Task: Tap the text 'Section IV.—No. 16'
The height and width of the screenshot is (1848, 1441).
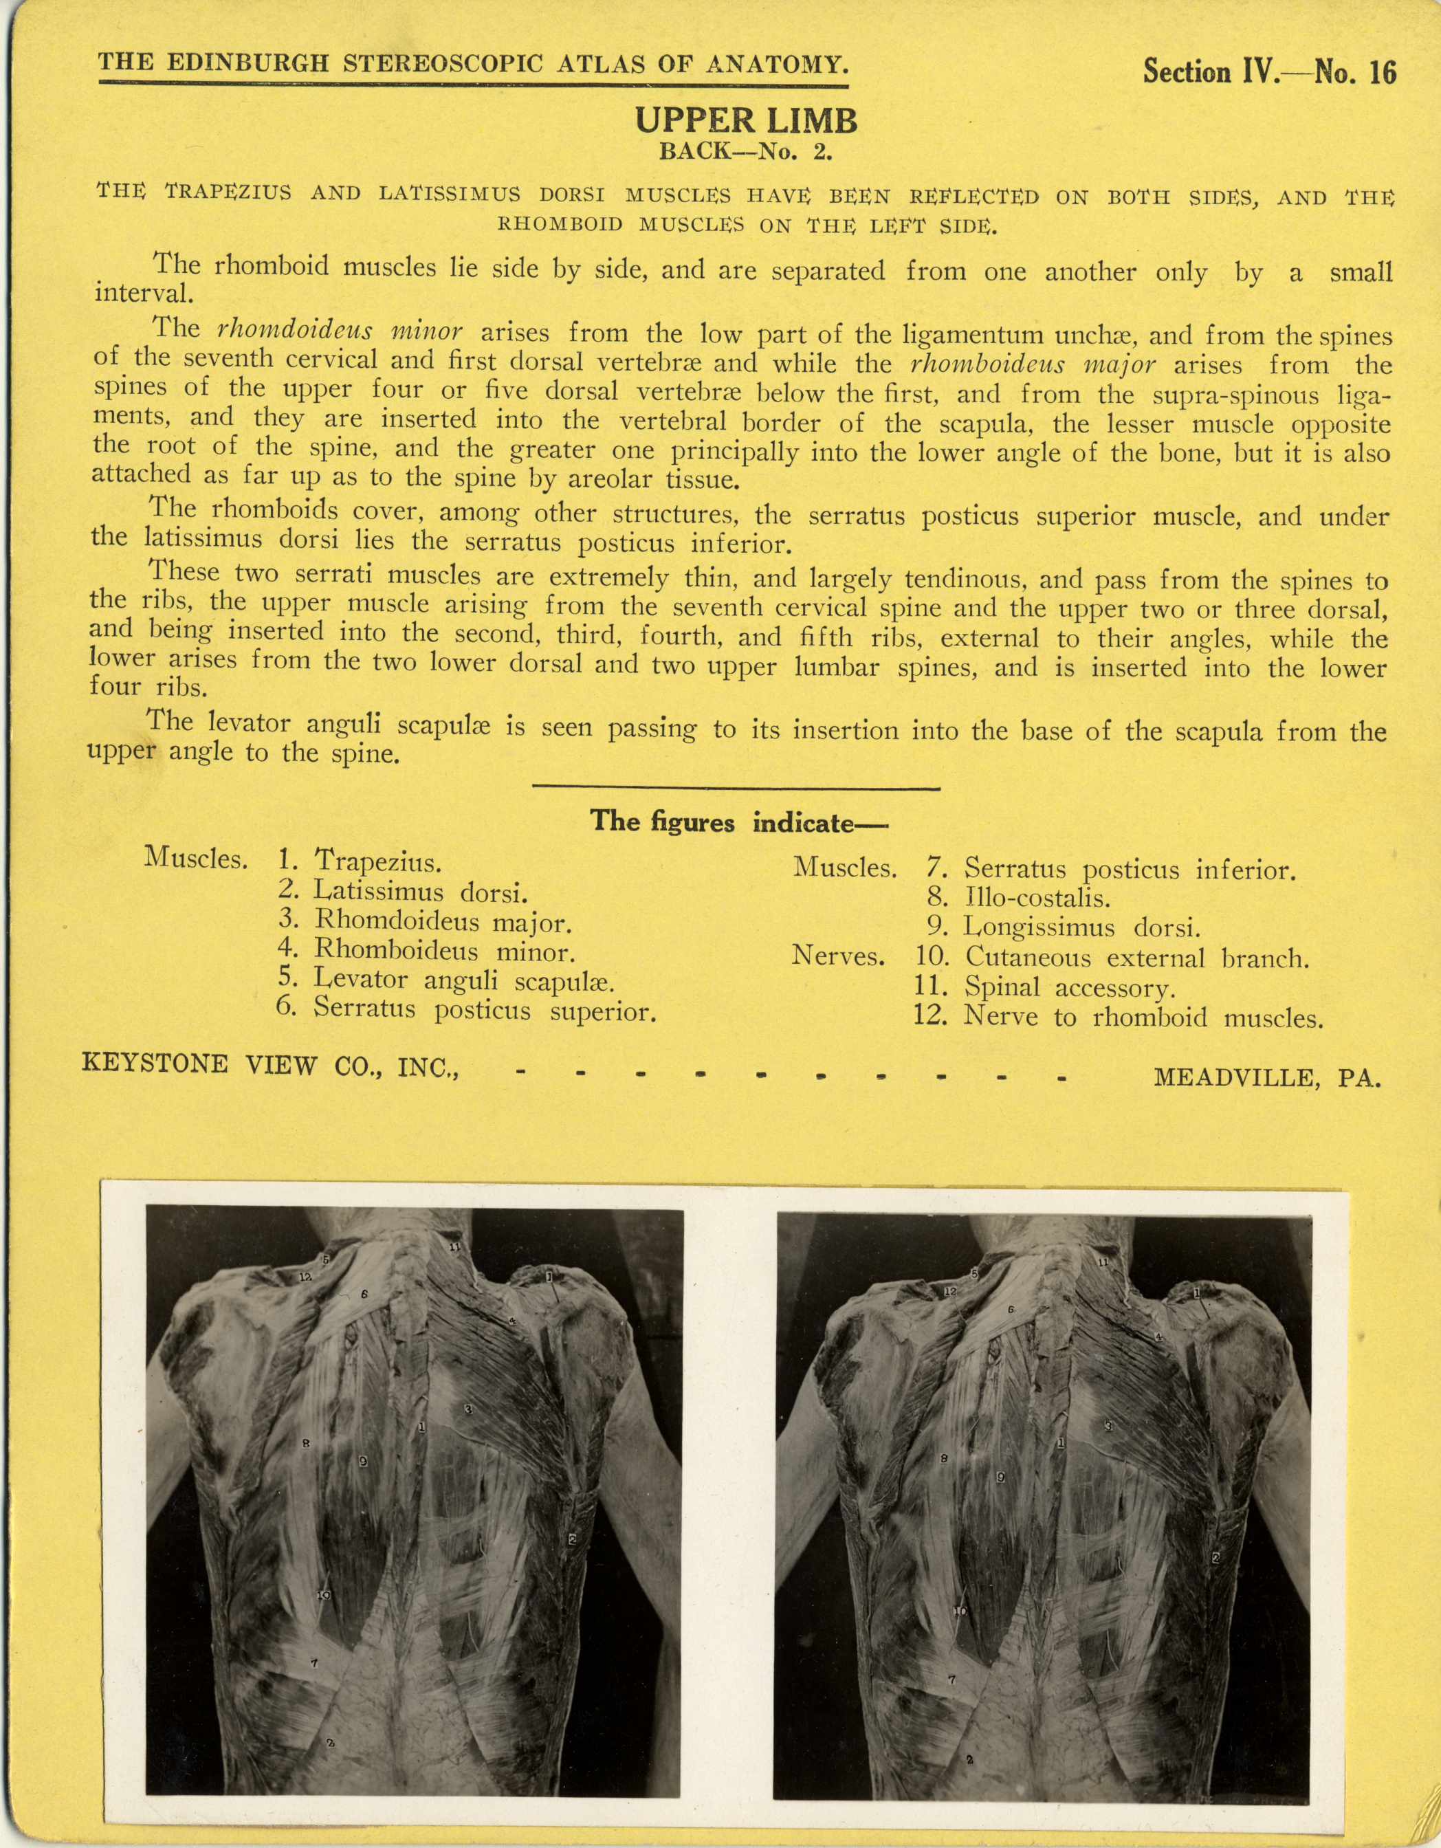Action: point(1268,72)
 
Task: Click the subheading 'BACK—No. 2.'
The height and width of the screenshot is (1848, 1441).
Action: point(747,154)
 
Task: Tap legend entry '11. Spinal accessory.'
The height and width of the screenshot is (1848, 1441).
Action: point(1044,987)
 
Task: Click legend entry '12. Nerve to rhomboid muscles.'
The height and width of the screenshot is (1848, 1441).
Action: point(1117,1016)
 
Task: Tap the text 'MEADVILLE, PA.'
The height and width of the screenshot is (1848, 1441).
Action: point(1266,1077)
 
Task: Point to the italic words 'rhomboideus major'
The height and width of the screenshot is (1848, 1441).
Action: point(1033,364)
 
